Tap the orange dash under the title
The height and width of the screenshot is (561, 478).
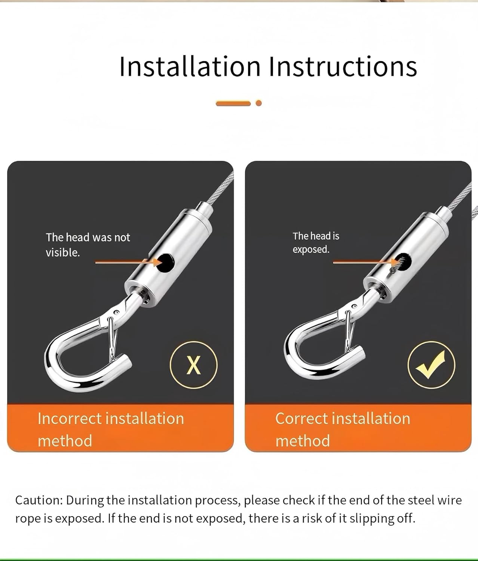pyautogui.click(x=233, y=103)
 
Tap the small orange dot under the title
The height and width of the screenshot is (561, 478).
pyautogui.click(x=258, y=103)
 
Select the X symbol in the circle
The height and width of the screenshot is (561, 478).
pyautogui.click(x=193, y=365)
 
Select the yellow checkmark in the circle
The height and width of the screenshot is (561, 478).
pyautogui.click(x=431, y=365)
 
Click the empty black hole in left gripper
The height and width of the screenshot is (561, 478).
pyautogui.click(x=165, y=263)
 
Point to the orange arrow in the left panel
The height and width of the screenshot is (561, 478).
pyautogui.click(x=127, y=263)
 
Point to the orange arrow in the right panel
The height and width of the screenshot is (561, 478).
pyautogui.click(x=363, y=263)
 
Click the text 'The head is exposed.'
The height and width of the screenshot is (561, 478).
pyautogui.click(x=316, y=242)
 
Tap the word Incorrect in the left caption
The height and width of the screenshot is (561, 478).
pyautogui.click(x=70, y=419)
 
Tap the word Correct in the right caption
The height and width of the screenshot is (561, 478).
pyautogui.click(x=301, y=419)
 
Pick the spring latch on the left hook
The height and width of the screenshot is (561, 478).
pyautogui.click(x=112, y=338)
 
